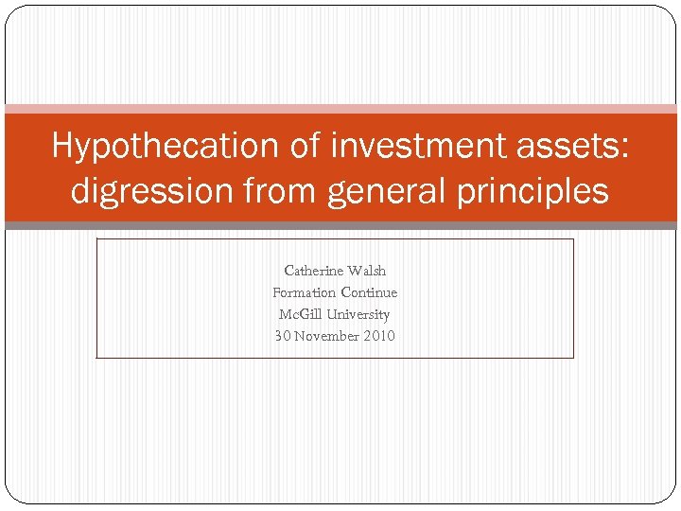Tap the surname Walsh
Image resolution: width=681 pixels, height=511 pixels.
point(367,271)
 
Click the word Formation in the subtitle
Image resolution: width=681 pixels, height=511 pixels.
point(304,292)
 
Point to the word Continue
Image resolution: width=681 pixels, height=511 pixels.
point(368,292)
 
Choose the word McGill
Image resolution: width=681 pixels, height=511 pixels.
point(301,314)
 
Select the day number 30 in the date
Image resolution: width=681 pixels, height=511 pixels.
point(282,336)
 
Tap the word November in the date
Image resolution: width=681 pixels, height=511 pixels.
point(326,336)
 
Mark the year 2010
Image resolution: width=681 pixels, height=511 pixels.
point(379,336)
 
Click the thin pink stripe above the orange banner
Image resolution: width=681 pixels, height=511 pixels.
point(340,109)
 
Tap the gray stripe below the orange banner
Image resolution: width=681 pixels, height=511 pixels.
point(340,225)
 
